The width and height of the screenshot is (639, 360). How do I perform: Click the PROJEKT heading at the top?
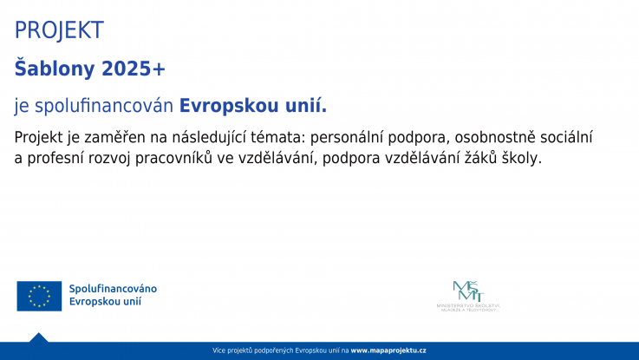click(x=59, y=30)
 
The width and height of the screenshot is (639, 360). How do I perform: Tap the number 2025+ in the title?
click(x=134, y=69)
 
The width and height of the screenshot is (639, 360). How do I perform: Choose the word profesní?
click(x=54, y=159)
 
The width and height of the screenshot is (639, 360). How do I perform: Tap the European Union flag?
click(x=39, y=296)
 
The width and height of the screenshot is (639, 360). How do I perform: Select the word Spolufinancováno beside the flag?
click(x=114, y=288)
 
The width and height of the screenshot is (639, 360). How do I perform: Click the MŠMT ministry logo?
click(x=468, y=296)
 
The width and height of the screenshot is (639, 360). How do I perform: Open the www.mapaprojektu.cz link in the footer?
click(x=388, y=350)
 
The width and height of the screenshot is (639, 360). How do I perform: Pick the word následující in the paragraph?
click(x=196, y=137)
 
